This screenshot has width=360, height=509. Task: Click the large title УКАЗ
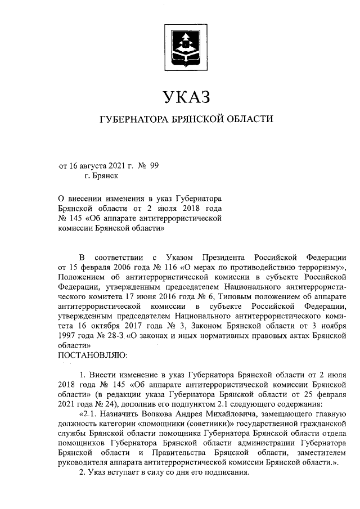[186, 97]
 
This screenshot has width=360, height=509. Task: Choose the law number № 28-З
[110, 337]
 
